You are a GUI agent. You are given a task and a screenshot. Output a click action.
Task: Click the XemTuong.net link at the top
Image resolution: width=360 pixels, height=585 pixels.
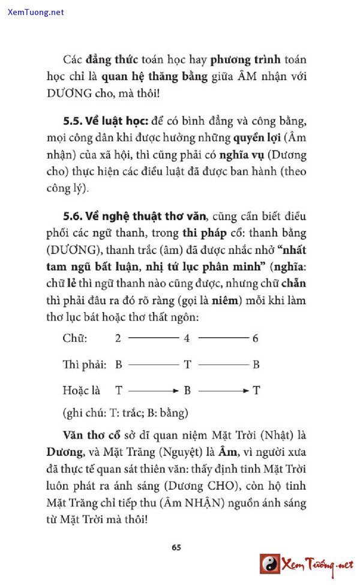tap(36, 12)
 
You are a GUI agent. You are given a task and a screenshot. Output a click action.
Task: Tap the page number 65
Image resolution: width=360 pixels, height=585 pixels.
tap(176, 547)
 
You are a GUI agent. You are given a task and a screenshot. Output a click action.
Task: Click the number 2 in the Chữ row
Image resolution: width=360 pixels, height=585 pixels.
tap(118, 338)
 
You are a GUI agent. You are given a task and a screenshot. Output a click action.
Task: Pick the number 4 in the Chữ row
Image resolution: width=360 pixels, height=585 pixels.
tap(187, 338)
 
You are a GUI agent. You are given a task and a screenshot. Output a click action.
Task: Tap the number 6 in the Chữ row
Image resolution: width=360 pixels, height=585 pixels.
tap(256, 338)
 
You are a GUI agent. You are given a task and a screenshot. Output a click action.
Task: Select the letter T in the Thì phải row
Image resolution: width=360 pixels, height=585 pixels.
tap(187, 364)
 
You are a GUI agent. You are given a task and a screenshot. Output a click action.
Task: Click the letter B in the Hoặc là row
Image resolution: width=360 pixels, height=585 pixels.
tap(187, 391)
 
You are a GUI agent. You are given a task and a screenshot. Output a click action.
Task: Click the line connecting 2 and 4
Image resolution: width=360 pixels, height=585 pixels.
tap(153, 338)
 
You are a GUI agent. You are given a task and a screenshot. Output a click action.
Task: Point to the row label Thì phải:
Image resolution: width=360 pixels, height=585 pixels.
tap(85, 364)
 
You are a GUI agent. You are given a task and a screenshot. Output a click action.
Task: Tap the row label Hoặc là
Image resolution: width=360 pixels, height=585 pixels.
tap(81, 391)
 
